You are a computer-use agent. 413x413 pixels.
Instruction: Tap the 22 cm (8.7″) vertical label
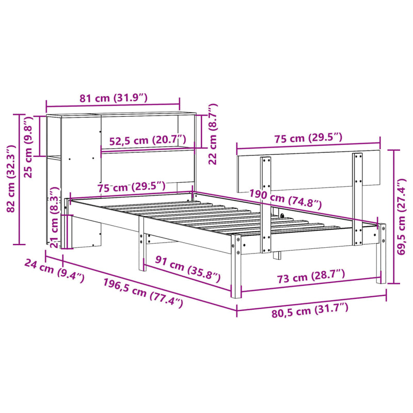click(212, 134)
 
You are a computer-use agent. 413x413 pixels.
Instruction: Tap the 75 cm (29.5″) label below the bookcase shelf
click(132, 187)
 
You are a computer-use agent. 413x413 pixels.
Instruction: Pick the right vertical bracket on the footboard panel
click(357, 199)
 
